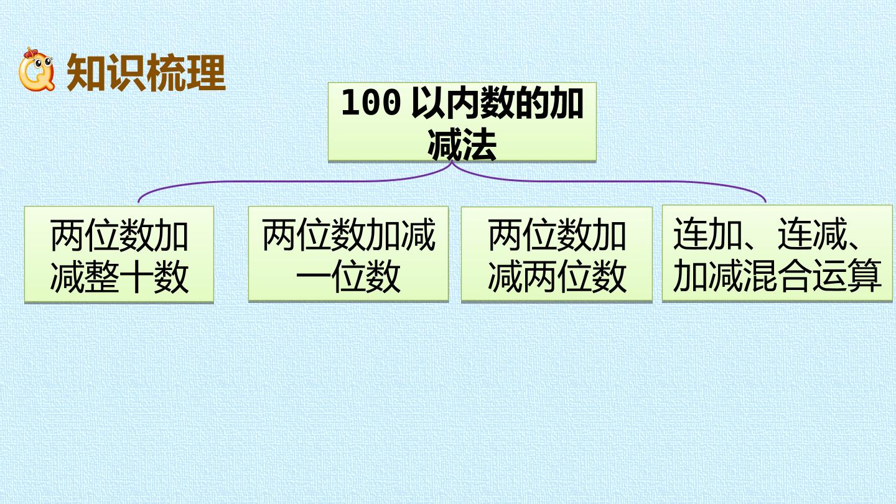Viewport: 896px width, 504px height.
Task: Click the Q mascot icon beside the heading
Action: coord(36,69)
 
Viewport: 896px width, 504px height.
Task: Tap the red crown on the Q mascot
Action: coord(30,53)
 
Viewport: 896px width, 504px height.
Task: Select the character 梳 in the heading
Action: coord(166,73)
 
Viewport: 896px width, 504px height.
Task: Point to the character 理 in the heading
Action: coord(206,73)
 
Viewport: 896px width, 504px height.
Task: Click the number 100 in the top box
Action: coord(371,103)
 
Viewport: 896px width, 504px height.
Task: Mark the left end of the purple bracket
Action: coord(138,202)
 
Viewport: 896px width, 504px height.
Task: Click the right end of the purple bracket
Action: coord(765,202)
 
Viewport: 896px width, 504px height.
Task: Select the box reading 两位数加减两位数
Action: coord(557,254)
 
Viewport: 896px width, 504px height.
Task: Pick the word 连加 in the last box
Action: coord(708,234)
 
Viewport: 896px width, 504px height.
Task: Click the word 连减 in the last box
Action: coord(812,234)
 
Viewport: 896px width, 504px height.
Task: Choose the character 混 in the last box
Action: coord(760,276)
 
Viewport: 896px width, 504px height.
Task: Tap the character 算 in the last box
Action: coord(864,276)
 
